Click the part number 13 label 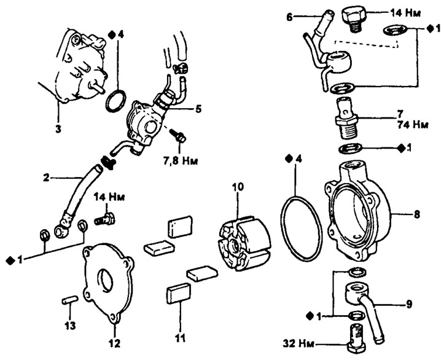tap(70, 326)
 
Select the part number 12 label tap(115, 343)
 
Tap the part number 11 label tap(179, 338)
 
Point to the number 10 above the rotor tap(238, 187)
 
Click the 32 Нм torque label tap(298, 343)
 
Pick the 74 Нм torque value tap(412, 125)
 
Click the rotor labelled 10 tap(244, 244)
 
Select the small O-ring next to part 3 tap(116, 101)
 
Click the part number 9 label tap(409, 305)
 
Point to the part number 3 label tap(58, 129)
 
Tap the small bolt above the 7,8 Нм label tap(178, 136)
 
